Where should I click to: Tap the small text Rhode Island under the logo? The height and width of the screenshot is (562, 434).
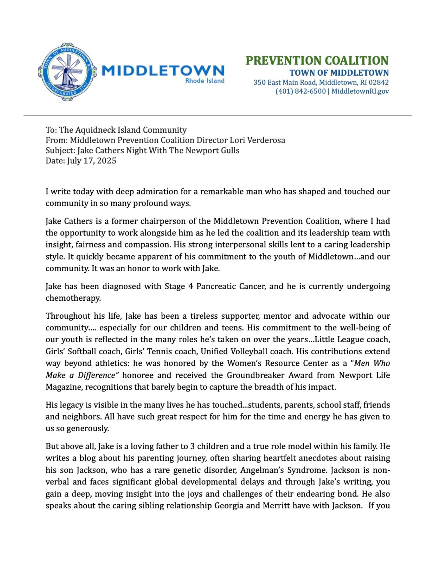coord(204,81)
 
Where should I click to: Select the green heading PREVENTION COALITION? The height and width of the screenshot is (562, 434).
coord(317,61)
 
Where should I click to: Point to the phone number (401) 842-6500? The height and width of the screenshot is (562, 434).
coord(300,91)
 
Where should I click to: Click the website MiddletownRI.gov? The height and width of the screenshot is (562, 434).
coord(360,91)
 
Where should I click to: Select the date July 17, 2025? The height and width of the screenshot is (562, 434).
coord(92,161)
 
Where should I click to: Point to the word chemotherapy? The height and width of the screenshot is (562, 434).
coord(73,298)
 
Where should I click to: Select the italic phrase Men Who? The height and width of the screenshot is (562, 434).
coord(372,363)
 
